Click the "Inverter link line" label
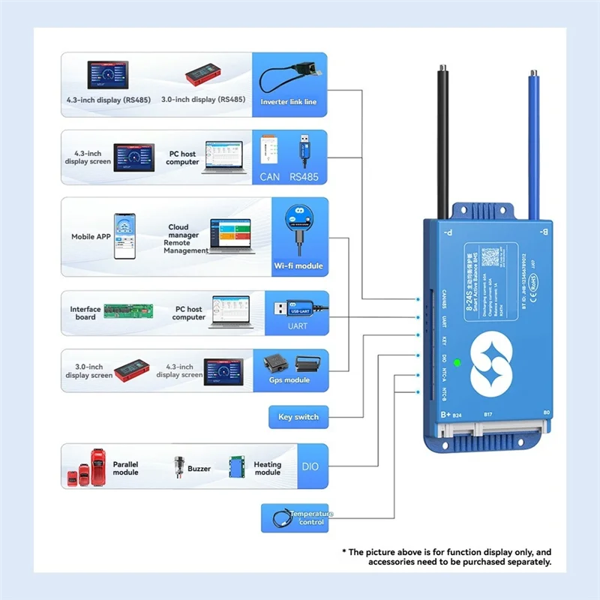click(x=289, y=101)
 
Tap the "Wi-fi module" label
click(x=298, y=266)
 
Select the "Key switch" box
click(x=298, y=417)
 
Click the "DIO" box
click(x=310, y=466)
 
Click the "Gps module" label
click(x=289, y=380)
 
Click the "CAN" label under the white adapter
click(x=270, y=177)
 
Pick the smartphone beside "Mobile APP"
click(x=124, y=236)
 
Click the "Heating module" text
click(x=267, y=469)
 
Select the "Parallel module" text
click(x=125, y=469)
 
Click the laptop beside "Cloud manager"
click(x=230, y=236)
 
